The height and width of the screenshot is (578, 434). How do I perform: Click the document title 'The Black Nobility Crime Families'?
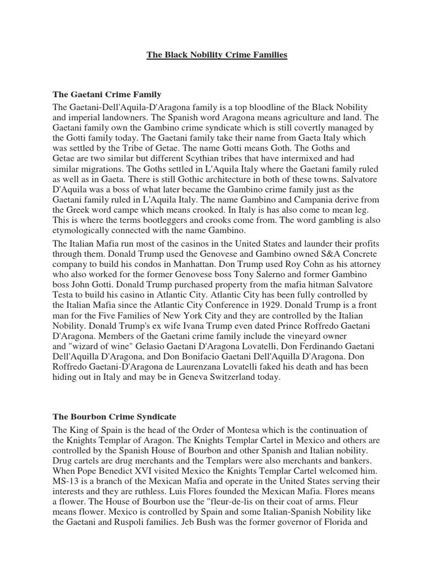point(217,55)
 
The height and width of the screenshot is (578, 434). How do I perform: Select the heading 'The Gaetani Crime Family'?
point(107,94)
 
